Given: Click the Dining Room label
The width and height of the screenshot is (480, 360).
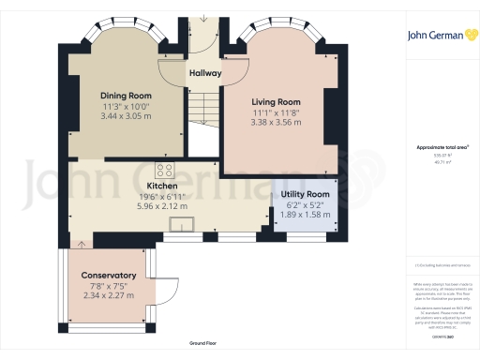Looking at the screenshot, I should [x=127, y=96].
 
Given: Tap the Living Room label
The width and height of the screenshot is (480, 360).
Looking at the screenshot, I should [x=276, y=101].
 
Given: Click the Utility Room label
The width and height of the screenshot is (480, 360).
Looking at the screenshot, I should [x=304, y=194].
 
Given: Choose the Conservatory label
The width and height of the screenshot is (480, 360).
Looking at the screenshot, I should [x=108, y=276].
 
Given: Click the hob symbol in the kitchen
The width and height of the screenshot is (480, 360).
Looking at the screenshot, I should [x=165, y=170].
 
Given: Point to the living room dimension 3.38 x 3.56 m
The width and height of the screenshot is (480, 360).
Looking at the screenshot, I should [x=276, y=122].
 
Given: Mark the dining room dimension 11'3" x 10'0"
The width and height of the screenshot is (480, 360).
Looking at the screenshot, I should [x=127, y=106].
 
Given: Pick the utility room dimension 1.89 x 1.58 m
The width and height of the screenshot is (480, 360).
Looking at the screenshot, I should [x=304, y=215].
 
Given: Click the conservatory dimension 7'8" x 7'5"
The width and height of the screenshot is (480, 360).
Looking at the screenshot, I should [x=108, y=286].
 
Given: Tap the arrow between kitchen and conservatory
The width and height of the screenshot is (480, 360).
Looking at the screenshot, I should [x=82, y=244].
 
